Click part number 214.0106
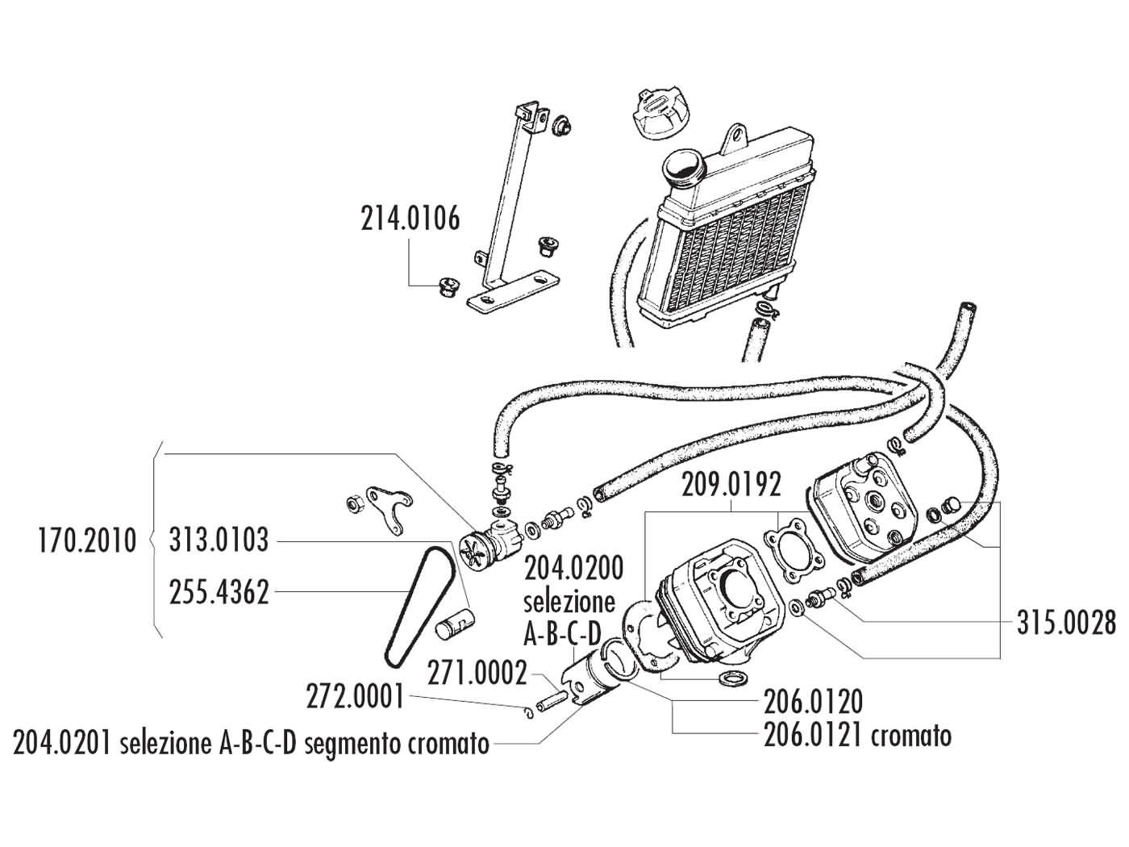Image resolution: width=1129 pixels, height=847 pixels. [410, 219]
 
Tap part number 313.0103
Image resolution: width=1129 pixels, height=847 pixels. [219, 540]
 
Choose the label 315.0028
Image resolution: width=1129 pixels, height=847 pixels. [1066, 624]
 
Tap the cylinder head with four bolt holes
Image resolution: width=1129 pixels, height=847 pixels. [863, 515]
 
